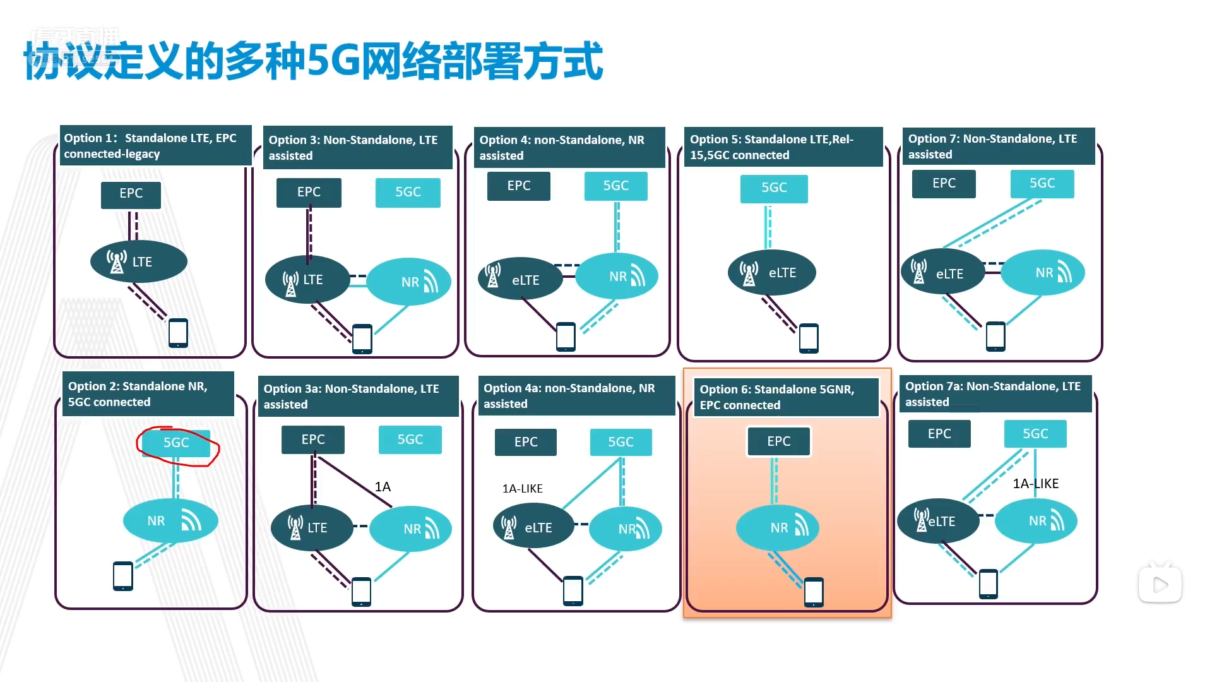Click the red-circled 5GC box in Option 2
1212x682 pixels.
[176, 443]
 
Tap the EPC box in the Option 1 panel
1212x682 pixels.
[131, 194]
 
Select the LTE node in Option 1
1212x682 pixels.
[139, 261]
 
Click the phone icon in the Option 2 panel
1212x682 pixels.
[123, 576]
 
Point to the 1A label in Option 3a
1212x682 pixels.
[383, 487]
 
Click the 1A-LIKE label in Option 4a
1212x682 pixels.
[522, 489]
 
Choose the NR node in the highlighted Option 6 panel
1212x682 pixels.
[778, 528]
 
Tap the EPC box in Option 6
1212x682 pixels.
[778, 441]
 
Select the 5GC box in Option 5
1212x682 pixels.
[774, 188]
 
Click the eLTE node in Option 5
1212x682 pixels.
[771, 273]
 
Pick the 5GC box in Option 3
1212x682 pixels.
[408, 193]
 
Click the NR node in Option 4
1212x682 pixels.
[617, 277]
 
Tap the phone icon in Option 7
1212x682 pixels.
[995, 336]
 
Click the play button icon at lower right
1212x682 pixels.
[1160, 585]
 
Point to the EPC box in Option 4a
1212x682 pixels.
[526, 442]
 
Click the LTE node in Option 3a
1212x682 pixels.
[312, 528]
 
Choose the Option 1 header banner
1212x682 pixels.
[155, 146]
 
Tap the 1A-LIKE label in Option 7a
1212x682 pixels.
[1035, 484]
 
